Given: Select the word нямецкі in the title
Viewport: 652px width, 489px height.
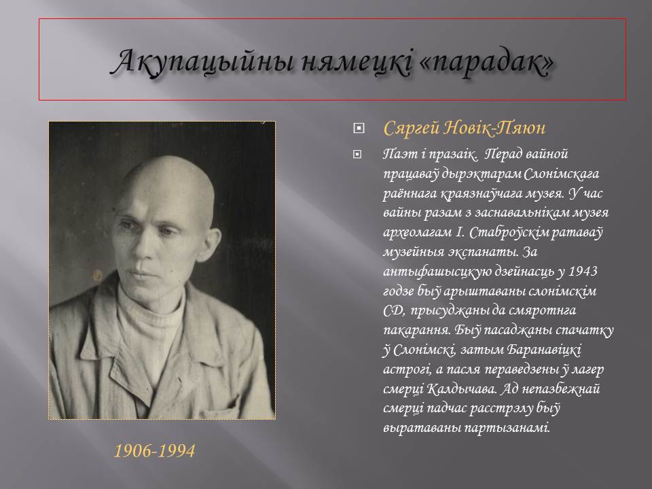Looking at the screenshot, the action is [x=356, y=62].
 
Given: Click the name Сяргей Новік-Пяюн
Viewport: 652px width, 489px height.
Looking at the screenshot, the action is [x=464, y=128].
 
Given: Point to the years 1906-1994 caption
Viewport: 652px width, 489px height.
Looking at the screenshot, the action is [x=154, y=451].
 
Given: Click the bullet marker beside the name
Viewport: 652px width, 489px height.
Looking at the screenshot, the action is [x=358, y=128].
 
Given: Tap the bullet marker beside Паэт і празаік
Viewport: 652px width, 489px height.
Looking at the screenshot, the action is [x=357, y=155].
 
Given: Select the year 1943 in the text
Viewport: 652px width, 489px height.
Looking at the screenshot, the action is [x=583, y=271].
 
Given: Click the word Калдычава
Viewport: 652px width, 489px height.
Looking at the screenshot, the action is [x=462, y=389].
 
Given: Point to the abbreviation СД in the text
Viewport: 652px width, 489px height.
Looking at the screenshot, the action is [x=394, y=310].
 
